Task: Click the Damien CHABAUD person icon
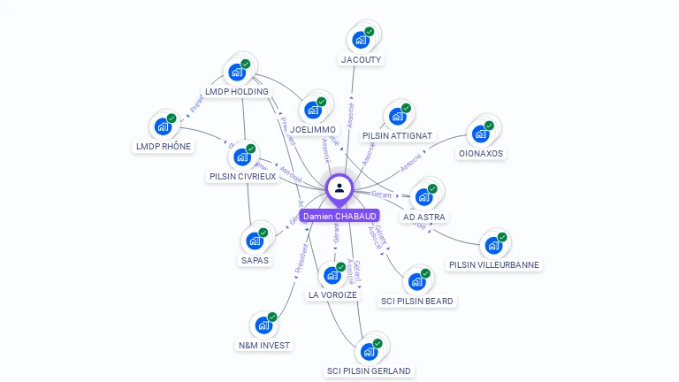(x=339, y=187)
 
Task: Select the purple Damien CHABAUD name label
(x=339, y=216)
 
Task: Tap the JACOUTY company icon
(x=360, y=39)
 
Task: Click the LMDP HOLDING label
(x=237, y=91)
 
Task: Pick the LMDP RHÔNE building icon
(x=163, y=126)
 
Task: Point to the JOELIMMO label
(x=313, y=129)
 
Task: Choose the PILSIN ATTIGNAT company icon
(x=397, y=116)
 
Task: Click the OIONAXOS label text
(x=481, y=153)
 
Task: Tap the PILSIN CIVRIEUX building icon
(x=241, y=157)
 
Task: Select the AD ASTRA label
(x=425, y=217)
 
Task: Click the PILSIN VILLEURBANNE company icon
(x=492, y=245)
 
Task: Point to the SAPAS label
(x=256, y=260)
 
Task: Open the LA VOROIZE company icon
(x=332, y=275)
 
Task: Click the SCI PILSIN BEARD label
(x=417, y=301)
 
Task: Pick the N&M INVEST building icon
(x=263, y=325)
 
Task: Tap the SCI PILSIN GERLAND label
(x=369, y=371)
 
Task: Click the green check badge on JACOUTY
(x=370, y=32)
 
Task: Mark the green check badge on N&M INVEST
(x=272, y=317)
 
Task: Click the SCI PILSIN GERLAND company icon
(x=369, y=351)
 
